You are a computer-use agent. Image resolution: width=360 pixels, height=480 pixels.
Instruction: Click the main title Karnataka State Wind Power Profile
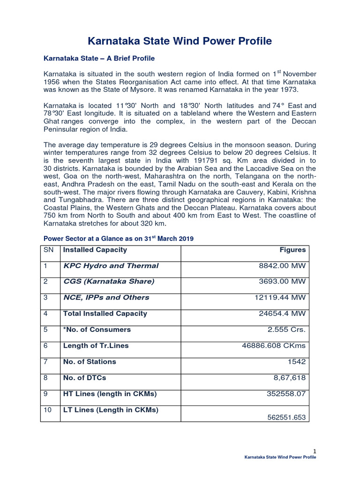180,41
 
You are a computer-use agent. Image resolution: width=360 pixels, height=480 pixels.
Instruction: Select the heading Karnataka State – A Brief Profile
99,59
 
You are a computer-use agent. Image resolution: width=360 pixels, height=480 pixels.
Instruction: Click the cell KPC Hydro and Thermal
111,266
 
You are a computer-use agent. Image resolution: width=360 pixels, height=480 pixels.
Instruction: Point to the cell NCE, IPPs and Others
106,298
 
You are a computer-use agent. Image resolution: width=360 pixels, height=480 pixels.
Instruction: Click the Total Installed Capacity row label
105,314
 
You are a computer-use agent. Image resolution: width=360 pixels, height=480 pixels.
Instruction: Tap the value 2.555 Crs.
286,330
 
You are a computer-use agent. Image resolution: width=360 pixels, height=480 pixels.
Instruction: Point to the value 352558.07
285,394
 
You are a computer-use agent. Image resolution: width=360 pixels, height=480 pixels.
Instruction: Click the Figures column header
292,250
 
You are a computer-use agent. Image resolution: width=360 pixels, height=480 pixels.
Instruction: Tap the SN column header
49,250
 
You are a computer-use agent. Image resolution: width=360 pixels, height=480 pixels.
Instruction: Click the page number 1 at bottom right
315,451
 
